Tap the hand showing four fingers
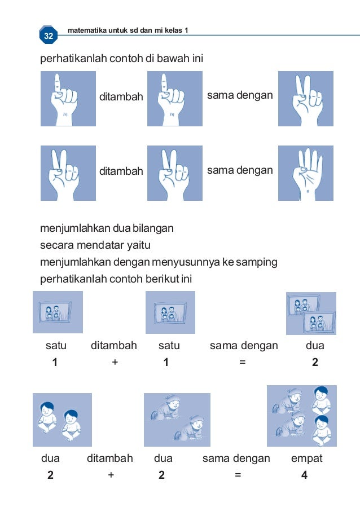(305, 173)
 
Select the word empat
(306, 459)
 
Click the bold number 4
(304, 475)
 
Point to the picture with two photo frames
(310, 314)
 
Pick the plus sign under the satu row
(115, 363)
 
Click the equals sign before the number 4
(238, 475)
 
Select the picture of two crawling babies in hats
(177, 420)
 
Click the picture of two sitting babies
(62, 420)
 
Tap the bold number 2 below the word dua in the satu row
(315, 363)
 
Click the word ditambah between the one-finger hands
(121, 97)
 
